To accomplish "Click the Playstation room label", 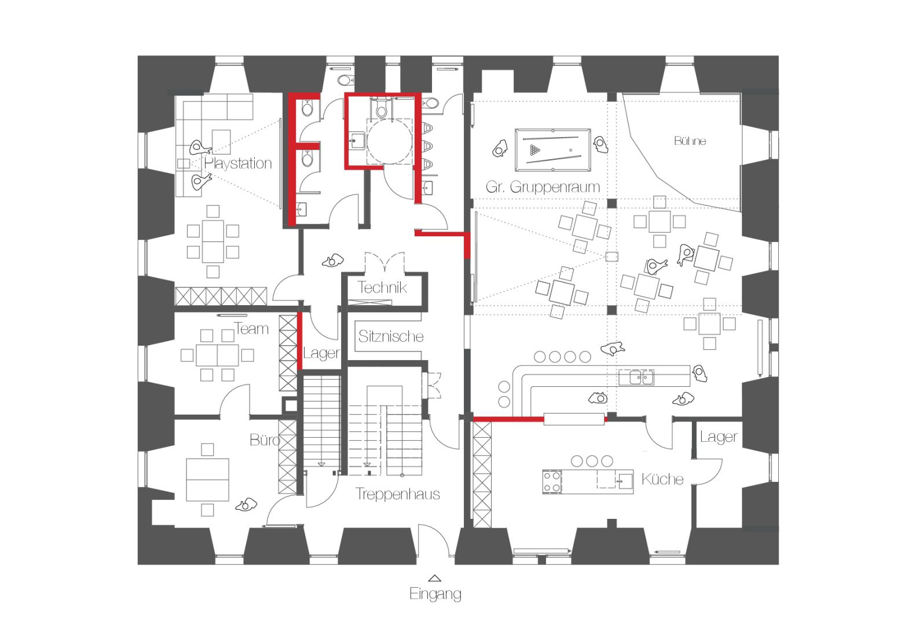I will point(238,164).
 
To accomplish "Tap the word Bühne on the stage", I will point(690,141).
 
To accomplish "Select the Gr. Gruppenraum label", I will point(543,187).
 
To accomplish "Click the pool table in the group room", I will point(553,150).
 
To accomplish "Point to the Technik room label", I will point(382,287).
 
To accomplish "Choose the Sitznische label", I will point(391,336).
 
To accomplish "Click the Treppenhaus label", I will point(397,494).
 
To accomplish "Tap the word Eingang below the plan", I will point(435,594).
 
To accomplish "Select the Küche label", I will point(662,479).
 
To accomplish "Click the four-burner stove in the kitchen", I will point(552,482).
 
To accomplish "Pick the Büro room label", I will point(264,440).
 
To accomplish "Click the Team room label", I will point(251,329).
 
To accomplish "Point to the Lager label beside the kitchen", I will point(719,437).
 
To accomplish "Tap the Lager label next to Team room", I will point(321,353).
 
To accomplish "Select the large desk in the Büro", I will point(207,479).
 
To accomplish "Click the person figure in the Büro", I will point(247,505).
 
